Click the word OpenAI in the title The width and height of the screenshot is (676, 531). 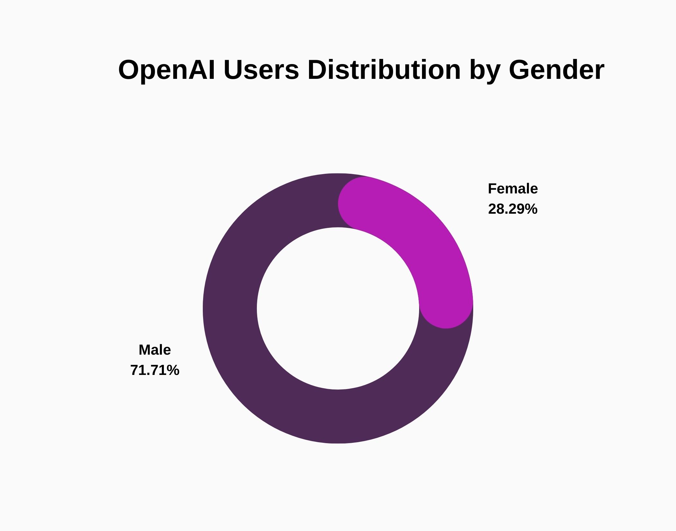(x=166, y=70)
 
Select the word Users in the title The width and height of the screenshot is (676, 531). (x=261, y=70)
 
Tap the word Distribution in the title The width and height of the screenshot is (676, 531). (x=384, y=70)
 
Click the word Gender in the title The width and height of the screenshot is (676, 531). (x=556, y=70)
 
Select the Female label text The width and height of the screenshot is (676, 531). (x=513, y=189)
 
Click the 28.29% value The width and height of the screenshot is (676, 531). (x=513, y=209)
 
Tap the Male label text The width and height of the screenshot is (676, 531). (x=155, y=350)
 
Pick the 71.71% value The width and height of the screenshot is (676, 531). (x=155, y=370)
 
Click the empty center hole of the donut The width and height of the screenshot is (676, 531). (x=338, y=308)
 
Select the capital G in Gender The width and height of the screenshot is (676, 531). (x=521, y=70)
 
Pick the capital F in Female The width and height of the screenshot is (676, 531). (x=492, y=189)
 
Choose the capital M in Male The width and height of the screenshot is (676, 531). (x=145, y=350)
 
